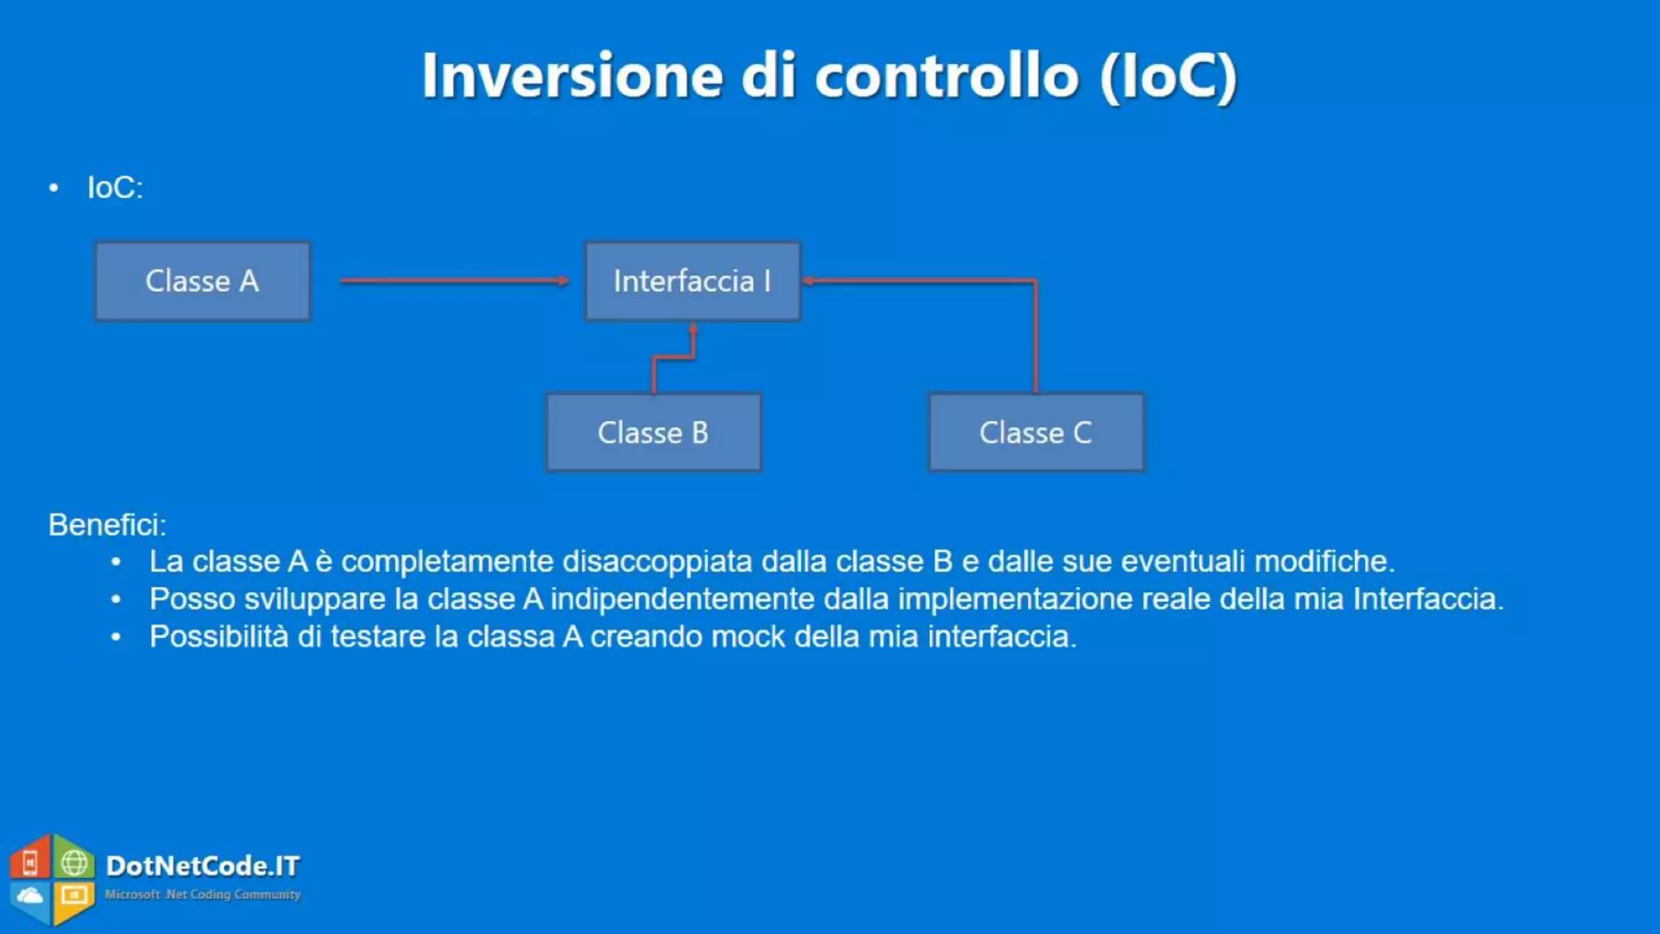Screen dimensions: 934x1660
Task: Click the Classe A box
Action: (203, 281)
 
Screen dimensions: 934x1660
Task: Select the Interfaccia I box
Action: (692, 281)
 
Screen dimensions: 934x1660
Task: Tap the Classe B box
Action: (653, 432)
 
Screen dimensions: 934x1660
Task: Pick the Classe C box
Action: (1036, 432)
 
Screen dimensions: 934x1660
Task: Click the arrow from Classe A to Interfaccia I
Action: (454, 281)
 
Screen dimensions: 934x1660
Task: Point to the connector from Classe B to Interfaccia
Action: (673, 357)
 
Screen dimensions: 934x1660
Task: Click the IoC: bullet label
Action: (115, 188)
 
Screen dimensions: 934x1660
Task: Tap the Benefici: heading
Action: (107, 525)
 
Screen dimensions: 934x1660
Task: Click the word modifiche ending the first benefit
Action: (1324, 561)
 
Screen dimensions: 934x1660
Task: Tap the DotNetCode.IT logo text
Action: (203, 866)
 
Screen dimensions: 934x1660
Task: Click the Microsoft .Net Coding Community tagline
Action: (203, 894)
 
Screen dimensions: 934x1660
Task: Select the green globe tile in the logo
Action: (75, 862)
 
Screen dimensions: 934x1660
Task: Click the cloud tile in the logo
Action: (31, 897)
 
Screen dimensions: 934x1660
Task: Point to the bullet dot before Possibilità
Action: (116, 637)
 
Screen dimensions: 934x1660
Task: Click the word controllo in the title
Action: (947, 76)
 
